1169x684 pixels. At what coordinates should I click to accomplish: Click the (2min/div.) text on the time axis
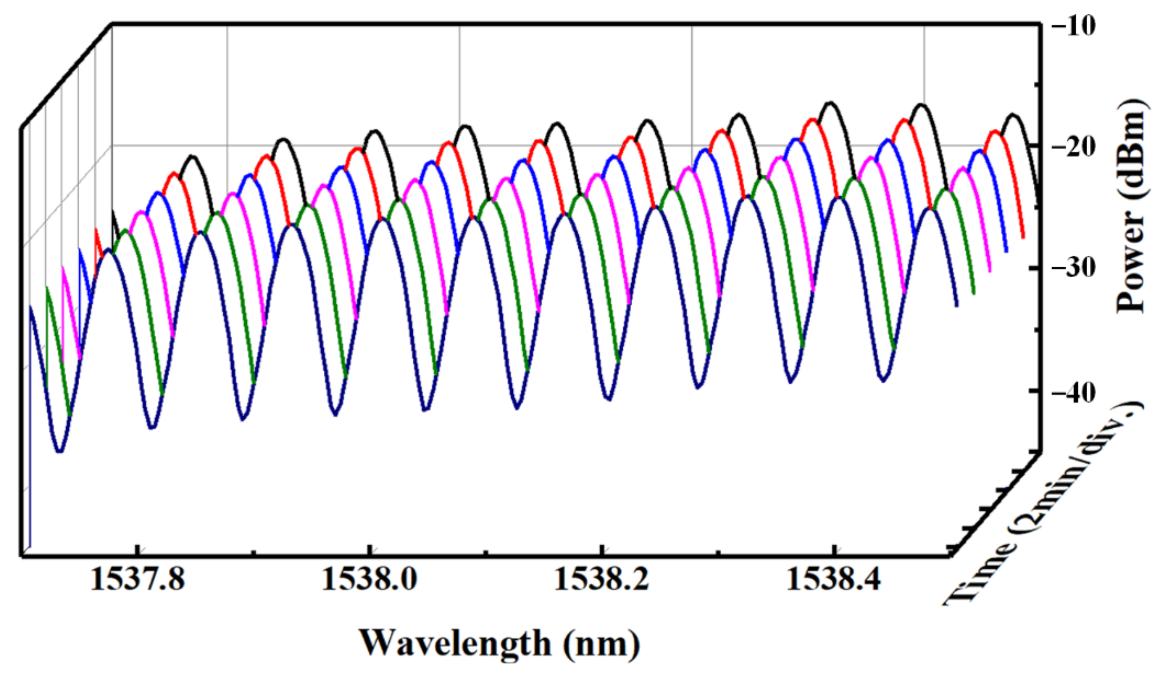[1081, 468]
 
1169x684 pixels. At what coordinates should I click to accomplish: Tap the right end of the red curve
[1023, 237]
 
